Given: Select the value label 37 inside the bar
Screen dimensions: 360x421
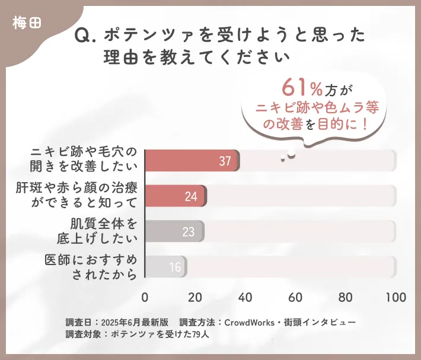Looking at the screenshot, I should pos(225,161).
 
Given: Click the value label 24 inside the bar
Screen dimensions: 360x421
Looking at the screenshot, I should pos(191,197).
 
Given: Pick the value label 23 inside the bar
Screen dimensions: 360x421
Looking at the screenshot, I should pos(189,232).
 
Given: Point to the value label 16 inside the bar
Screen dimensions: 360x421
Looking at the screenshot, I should pos(175,267).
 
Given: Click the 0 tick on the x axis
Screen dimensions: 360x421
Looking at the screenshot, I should pos(145,297).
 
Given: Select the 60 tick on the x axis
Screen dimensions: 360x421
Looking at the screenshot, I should pos(295,297).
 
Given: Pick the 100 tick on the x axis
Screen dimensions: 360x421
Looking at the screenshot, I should pos(396,297).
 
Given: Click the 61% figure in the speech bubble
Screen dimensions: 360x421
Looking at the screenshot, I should pos(302,89).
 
